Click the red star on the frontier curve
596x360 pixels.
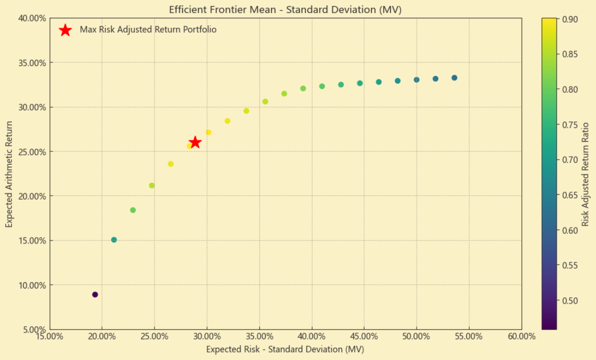[x=195, y=142]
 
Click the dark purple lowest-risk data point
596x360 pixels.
[x=95, y=295]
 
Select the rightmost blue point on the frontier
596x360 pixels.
[x=454, y=78]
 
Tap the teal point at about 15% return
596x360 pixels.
[x=114, y=240]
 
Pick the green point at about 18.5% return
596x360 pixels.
[x=133, y=210]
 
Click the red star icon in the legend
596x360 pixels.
[x=65, y=30]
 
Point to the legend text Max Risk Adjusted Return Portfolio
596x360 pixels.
[x=148, y=30]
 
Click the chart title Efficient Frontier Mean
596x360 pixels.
[x=285, y=10]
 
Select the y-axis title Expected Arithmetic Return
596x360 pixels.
[x=9, y=174]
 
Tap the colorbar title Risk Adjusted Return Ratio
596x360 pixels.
[x=585, y=174]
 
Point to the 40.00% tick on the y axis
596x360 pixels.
[x=32, y=18]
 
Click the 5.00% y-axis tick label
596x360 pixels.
[x=34, y=329]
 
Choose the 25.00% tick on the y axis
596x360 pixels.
[x=32, y=152]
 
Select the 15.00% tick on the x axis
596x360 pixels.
[x=49, y=337]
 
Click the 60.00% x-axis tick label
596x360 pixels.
[x=521, y=337]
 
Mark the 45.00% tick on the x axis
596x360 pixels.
[x=364, y=337]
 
